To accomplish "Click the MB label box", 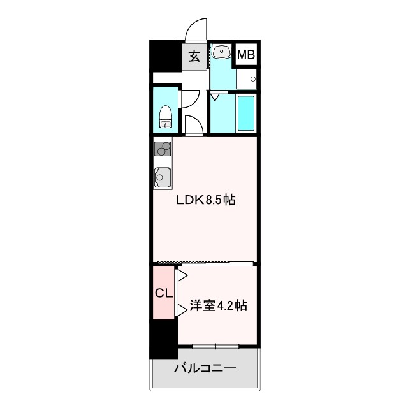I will point(246,55).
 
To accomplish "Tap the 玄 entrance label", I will point(194,55).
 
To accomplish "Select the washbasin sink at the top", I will point(222,52).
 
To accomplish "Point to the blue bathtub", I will point(245,113).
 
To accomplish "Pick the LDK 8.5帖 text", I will point(206,200).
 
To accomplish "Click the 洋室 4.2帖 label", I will point(218,306).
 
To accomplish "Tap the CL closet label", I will point(163,294).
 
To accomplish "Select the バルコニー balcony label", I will point(205,368).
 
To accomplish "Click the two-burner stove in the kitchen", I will point(163,149).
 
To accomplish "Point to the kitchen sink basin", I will point(163,176).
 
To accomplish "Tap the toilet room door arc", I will point(189,99).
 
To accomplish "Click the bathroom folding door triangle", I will point(215,97).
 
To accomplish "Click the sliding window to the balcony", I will point(215,346).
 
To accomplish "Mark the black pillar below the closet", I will point(163,339).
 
